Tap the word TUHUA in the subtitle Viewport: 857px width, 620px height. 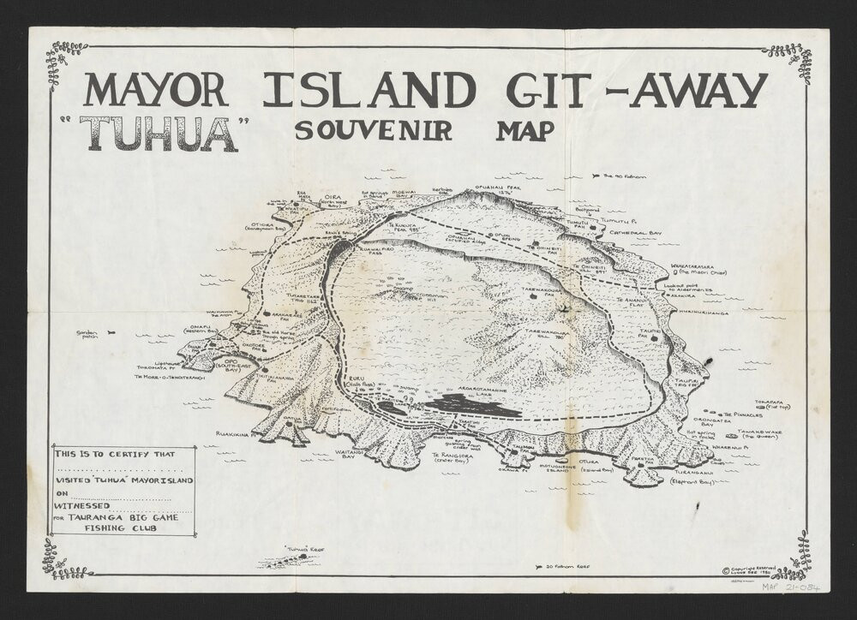click(x=159, y=134)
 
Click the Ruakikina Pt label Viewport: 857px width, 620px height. click(x=234, y=434)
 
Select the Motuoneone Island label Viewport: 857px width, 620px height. click(x=548, y=467)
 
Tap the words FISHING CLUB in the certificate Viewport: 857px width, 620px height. click(x=120, y=528)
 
